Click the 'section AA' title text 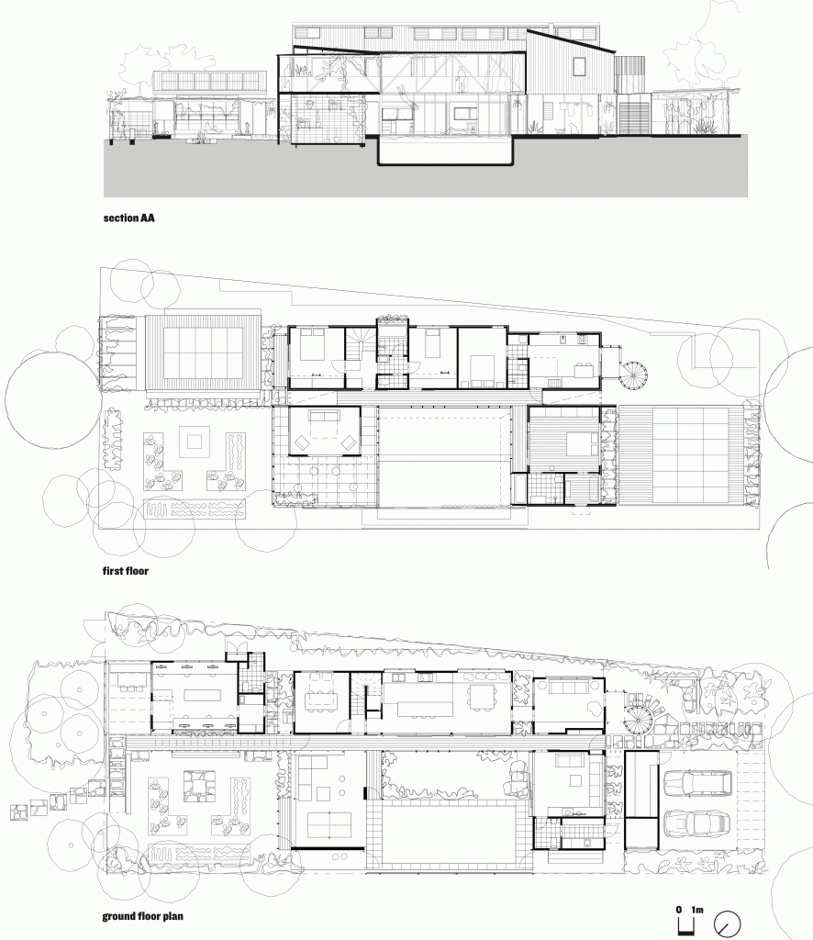(x=128, y=220)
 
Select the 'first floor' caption (x=126, y=570)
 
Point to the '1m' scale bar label (x=696, y=909)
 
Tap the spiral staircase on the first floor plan (x=634, y=375)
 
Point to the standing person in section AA (x=462, y=82)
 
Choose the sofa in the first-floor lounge (x=325, y=417)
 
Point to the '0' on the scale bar (x=679, y=909)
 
